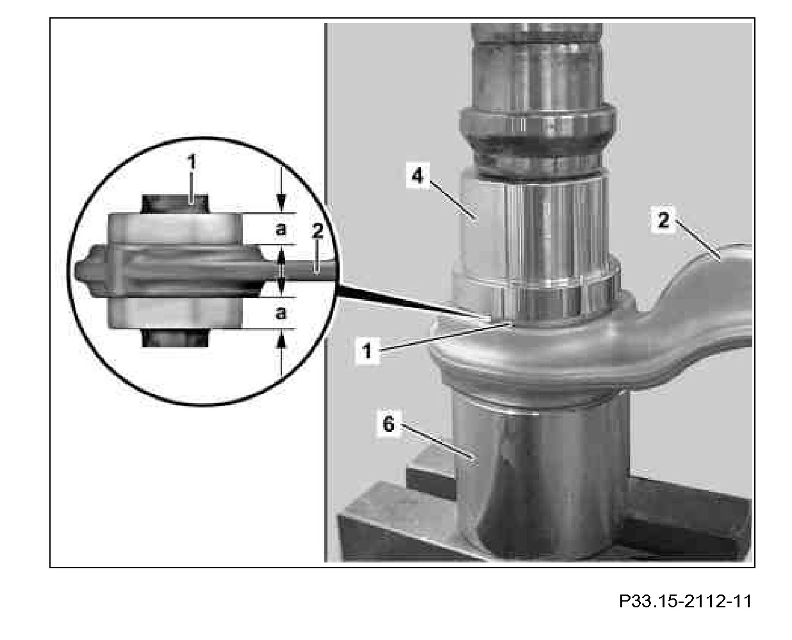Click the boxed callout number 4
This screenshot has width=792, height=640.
point(417,175)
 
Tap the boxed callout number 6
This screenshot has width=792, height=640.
point(388,423)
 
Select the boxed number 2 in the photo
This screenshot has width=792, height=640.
point(663,220)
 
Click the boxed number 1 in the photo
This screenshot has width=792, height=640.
point(367,350)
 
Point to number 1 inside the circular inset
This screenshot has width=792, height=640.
point(192,163)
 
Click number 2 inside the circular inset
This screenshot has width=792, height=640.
point(317,232)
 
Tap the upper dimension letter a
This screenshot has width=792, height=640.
point(281,229)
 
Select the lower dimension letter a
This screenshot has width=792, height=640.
point(281,313)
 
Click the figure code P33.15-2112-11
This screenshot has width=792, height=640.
point(685,601)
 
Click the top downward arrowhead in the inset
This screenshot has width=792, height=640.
point(282,203)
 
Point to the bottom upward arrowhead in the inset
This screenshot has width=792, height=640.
point(282,339)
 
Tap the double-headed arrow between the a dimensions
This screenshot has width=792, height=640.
point(281,270)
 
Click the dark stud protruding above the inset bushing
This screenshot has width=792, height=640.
point(175,204)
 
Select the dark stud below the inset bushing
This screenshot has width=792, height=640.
point(175,338)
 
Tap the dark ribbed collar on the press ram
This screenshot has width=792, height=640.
point(537,138)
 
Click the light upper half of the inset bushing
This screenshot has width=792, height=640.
point(175,229)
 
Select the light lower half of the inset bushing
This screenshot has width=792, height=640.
point(175,313)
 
